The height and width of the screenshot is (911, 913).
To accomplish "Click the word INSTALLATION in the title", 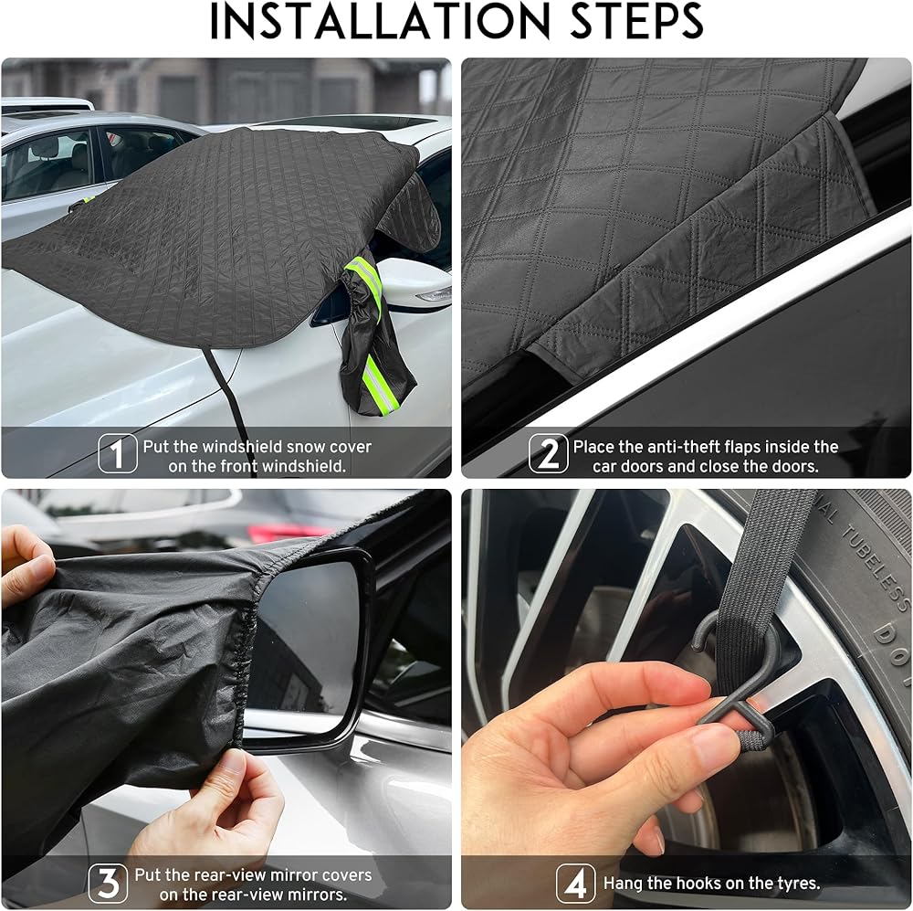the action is [x=379, y=21].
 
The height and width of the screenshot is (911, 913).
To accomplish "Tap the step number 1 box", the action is [x=118, y=453].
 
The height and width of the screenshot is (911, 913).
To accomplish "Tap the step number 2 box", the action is [x=548, y=453].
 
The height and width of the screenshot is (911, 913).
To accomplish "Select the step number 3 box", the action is [x=108, y=883].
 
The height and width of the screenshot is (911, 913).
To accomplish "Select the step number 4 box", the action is [x=575, y=883].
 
